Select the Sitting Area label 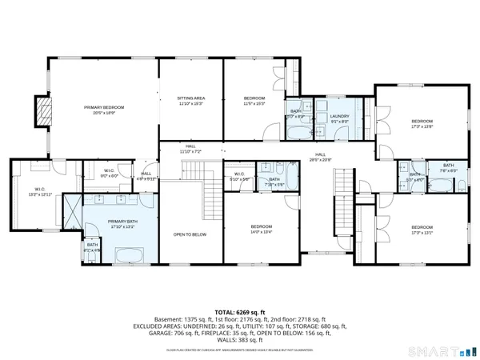190,100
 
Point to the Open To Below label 190,234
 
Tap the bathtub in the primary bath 128,256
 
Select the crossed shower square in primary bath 73,215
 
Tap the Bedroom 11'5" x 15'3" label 254,100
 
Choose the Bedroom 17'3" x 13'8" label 422,123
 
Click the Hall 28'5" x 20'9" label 320,156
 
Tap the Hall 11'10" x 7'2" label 190,148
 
